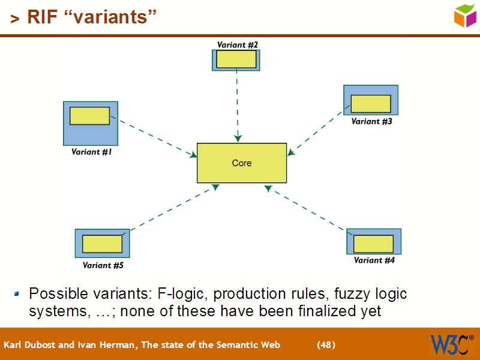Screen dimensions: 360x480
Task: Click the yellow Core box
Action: [242, 163]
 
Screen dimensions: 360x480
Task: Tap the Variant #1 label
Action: [92, 152]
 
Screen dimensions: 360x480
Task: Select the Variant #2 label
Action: [238, 44]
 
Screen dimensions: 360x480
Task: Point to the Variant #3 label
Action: [371, 121]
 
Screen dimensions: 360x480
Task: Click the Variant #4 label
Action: [374, 260]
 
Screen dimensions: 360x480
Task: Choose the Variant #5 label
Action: [103, 265]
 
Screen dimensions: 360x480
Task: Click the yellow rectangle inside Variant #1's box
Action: [89, 116]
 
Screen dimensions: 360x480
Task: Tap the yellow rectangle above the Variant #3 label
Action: [371, 104]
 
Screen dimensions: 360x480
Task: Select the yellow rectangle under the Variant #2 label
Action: [236, 59]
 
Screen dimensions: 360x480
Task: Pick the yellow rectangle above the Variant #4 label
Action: [373, 244]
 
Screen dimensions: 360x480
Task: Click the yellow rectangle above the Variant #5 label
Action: [102, 244]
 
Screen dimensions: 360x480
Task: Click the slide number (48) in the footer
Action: [326, 345]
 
